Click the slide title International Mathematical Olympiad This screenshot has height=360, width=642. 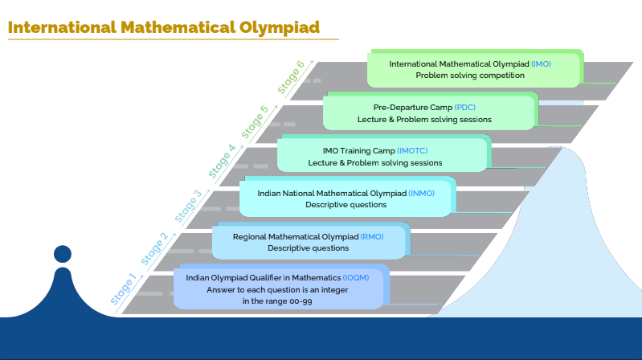tap(164, 27)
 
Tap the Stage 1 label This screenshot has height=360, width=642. tap(124, 291)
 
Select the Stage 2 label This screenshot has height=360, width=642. tap(154, 248)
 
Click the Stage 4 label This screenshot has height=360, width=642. tap(222, 161)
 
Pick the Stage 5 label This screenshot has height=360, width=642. tap(255, 121)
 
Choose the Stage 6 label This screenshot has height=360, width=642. tap(290, 77)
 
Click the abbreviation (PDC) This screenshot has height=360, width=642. tap(465, 108)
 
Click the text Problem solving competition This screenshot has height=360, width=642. tap(470, 75)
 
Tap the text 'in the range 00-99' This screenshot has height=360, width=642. tap(277, 301)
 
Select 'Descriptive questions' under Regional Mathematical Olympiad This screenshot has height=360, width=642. tap(308, 248)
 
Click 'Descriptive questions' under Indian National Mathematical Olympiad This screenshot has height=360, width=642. tap(346, 205)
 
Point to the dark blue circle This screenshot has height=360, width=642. tap(63, 254)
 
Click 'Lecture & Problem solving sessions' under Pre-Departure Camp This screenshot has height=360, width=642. tap(424, 119)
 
